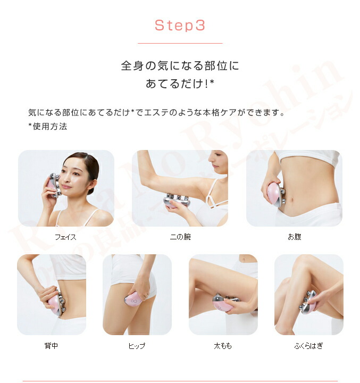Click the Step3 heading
[180, 26]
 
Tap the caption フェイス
[65, 237]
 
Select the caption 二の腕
[179, 237]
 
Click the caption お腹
[294, 237]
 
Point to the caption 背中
[51, 346]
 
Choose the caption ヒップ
[137, 346]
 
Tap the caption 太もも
[223, 346]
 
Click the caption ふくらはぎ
[308, 346]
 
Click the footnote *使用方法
[47, 127]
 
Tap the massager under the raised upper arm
[177, 201]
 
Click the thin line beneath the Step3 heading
[180, 43]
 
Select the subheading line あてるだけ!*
[180, 84]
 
